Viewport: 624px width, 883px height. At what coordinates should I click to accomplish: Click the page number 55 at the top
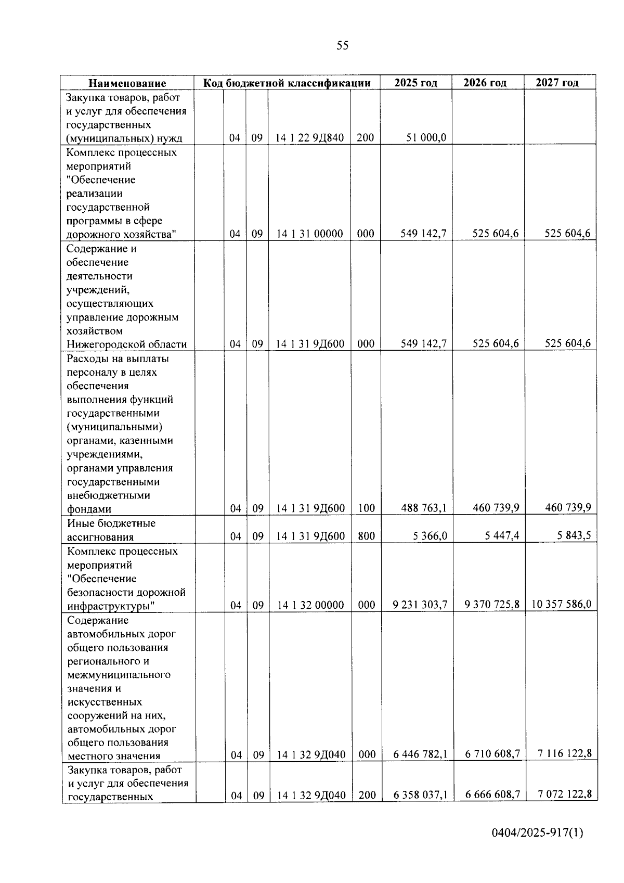pos(342,46)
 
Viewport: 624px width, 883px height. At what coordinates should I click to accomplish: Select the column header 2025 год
pos(415,83)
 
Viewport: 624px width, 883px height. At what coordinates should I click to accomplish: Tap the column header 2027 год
pos(557,83)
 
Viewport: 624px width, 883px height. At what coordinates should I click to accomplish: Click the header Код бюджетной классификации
pos(287,83)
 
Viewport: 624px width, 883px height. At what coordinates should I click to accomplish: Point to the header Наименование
pos(127,83)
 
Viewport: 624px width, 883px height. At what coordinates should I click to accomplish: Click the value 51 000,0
pos(426,138)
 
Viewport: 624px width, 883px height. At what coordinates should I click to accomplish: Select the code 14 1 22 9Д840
pos(309,138)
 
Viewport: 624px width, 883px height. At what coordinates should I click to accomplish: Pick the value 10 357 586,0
pos(561,605)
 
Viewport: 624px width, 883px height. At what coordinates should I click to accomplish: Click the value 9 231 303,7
pos(420,605)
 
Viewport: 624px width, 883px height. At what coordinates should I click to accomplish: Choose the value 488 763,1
pos(424,508)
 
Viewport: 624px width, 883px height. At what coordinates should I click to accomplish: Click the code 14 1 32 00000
pos(310,605)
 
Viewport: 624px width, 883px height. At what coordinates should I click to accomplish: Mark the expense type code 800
pos(366,536)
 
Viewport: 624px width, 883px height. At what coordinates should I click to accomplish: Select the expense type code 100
pos(366,508)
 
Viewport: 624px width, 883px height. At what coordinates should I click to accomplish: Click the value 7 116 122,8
pos(565,753)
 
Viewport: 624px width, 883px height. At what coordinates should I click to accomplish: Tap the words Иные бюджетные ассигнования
pos(111,530)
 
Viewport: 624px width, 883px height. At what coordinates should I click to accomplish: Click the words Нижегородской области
pos(126,344)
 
